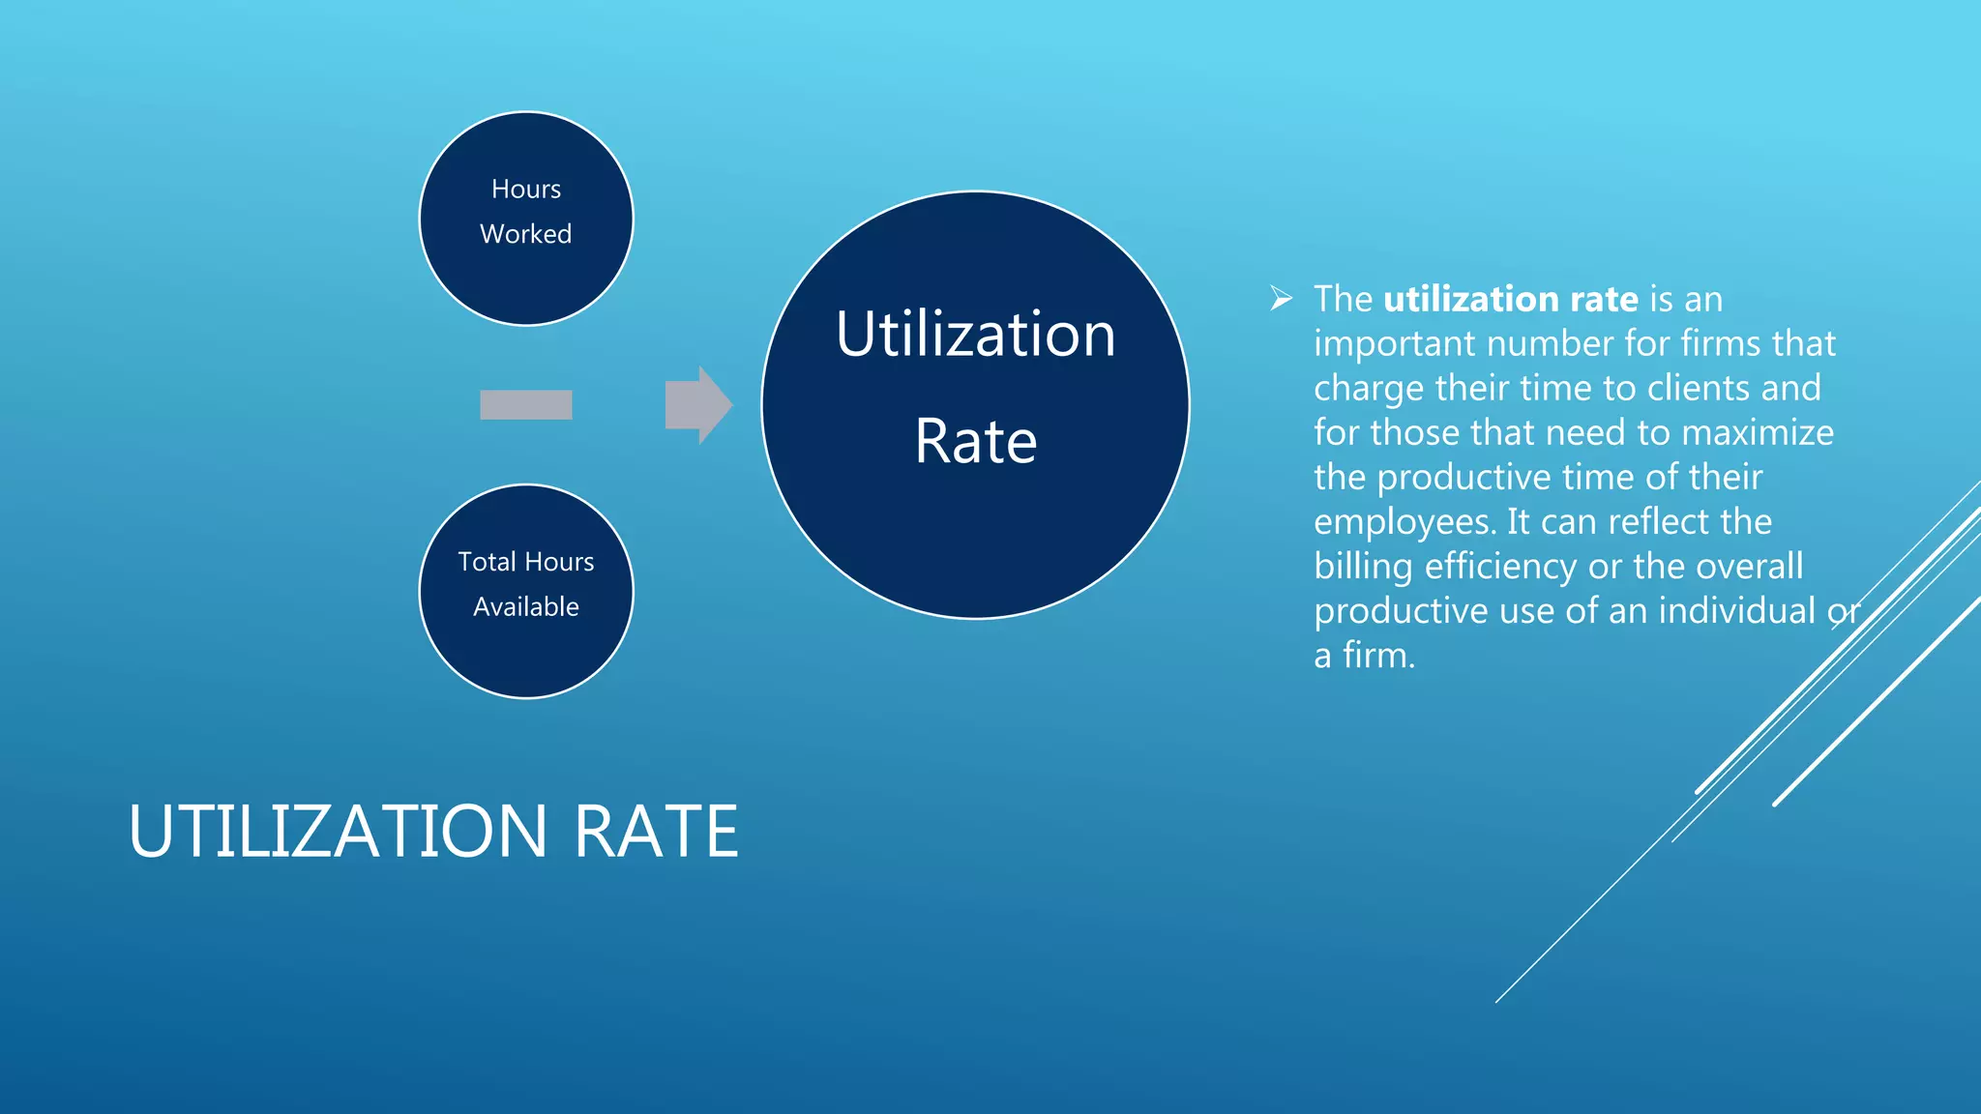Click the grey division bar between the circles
click(x=525, y=405)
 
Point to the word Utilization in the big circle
click(x=975, y=335)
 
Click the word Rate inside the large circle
click(x=975, y=442)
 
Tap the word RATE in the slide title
click(x=657, y=832)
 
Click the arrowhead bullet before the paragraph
click(x=1281, y=299)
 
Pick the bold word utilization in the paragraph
click(x=1470, y=300)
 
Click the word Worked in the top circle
click(x=525, y=234)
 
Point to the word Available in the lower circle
click(x=525, y=607)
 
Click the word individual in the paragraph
click(x=1737, y=611)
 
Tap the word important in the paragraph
click(x=1394, y=344)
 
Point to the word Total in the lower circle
click(x=486, y=562)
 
